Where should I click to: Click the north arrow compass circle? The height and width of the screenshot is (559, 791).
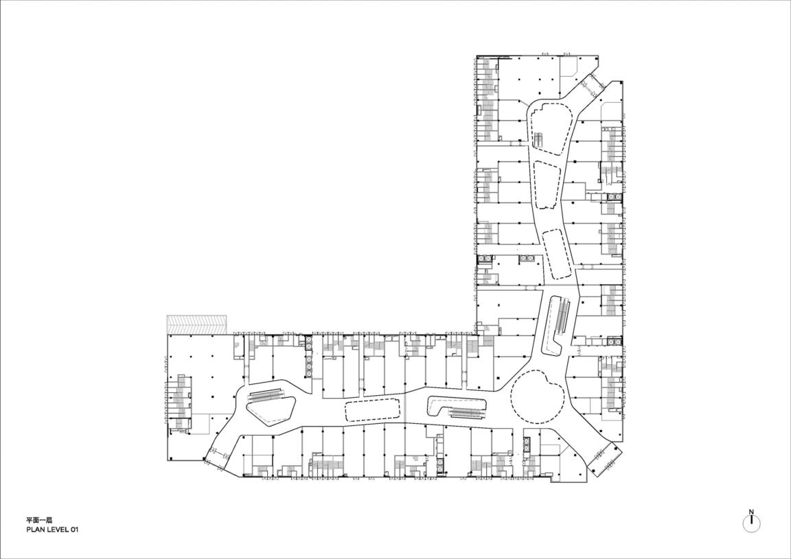tap(752, 523)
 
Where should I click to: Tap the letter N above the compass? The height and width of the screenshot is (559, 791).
tap(752, 512)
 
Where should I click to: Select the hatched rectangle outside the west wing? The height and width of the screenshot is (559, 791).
tap(197, 324)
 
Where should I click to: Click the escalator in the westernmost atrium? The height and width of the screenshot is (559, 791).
tap(266, 396)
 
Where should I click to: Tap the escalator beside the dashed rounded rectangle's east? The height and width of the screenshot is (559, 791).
tap(468, 413)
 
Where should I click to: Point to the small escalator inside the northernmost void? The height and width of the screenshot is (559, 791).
tap(539, 140)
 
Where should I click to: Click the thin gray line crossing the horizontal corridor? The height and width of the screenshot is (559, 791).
tap(406, 409)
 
